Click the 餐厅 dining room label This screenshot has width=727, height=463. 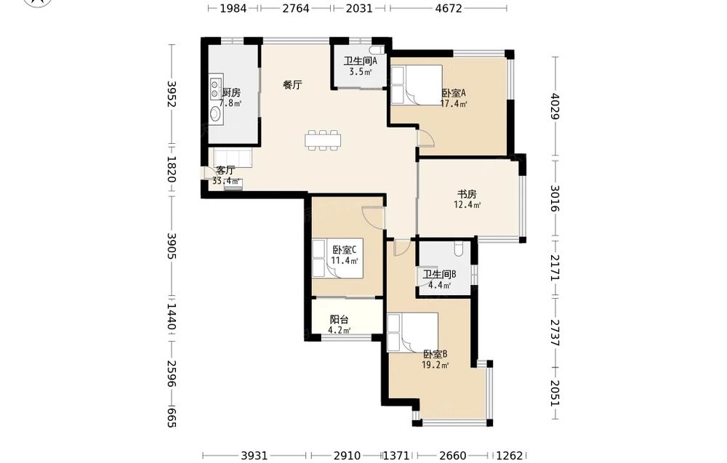[x=292, y=85]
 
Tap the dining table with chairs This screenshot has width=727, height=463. [x=324, y=140]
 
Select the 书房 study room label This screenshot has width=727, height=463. [x=467, y=194]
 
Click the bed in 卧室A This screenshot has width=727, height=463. [x=417, y=85]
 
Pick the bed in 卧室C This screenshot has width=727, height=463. [x=337, y=259]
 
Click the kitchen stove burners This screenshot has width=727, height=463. [x=216, y=89]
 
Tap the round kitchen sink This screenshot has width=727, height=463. [x=216, y=113]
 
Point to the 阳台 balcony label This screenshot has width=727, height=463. [x=339, y=319]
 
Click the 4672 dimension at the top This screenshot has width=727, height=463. [x=449, y=8]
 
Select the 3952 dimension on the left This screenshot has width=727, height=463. [x=172, y=94]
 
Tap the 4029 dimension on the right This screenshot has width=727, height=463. [x=555, y=106]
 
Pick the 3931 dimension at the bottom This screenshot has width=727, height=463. [x=254, y=456]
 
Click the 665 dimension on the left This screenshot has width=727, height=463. [x=172, y=418]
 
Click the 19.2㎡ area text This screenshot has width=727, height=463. [x=435, y=365]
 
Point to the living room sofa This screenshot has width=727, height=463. [x=233, y=158]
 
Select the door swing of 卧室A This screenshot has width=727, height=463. [x=425, y=139]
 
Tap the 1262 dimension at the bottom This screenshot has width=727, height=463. [x=510, y=456]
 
